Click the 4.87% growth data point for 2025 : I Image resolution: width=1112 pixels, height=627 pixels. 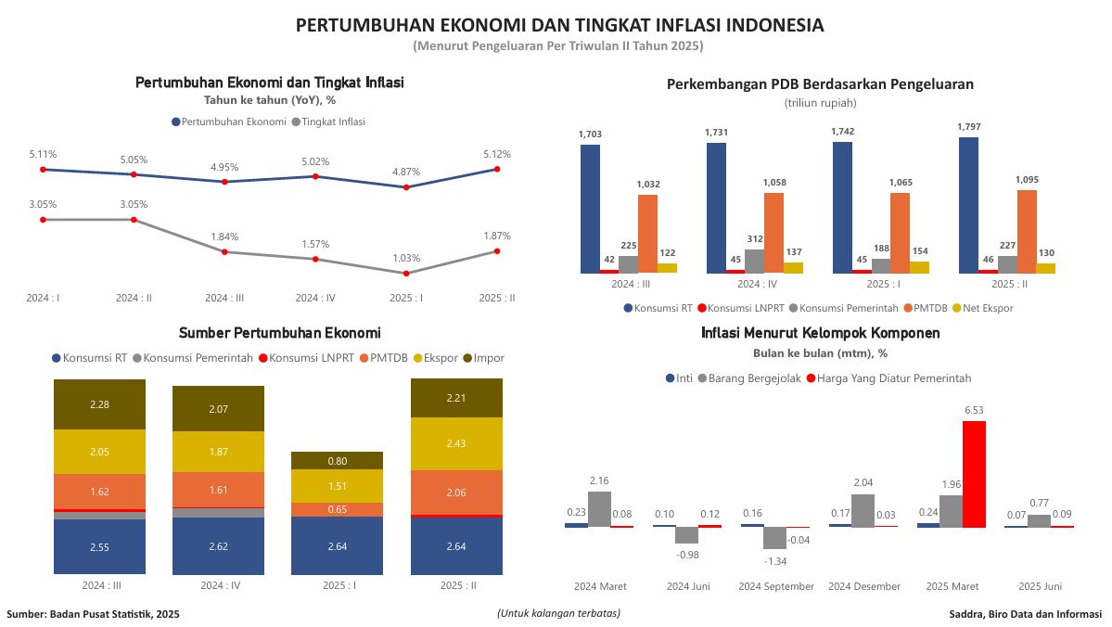coord(406,187)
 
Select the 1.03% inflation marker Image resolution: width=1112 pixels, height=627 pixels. coord(406,274)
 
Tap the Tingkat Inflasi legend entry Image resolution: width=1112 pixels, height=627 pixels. coord(328,122)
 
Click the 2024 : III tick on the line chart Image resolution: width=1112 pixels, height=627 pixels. coord(224,299)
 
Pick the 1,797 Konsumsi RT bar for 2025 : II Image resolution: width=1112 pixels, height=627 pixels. coord(968,205)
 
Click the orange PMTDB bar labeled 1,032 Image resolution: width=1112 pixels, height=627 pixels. coord(648,234)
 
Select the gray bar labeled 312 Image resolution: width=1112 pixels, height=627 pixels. coord(755,261)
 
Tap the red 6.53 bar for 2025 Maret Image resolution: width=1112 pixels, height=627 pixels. coord(974,474)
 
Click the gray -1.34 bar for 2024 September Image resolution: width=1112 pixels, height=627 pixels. coord(775,538)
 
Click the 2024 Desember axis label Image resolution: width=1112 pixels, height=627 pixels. coord(864,586)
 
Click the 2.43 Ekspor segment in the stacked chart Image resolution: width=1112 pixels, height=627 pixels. coord(456,444)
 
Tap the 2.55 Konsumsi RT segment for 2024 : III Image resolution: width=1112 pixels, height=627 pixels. coord(99,547)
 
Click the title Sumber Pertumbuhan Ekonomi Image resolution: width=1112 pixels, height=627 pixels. coord(279,333)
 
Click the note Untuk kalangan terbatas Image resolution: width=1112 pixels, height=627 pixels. coord(558,613)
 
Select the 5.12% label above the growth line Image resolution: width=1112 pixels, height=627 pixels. coord(497,154)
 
